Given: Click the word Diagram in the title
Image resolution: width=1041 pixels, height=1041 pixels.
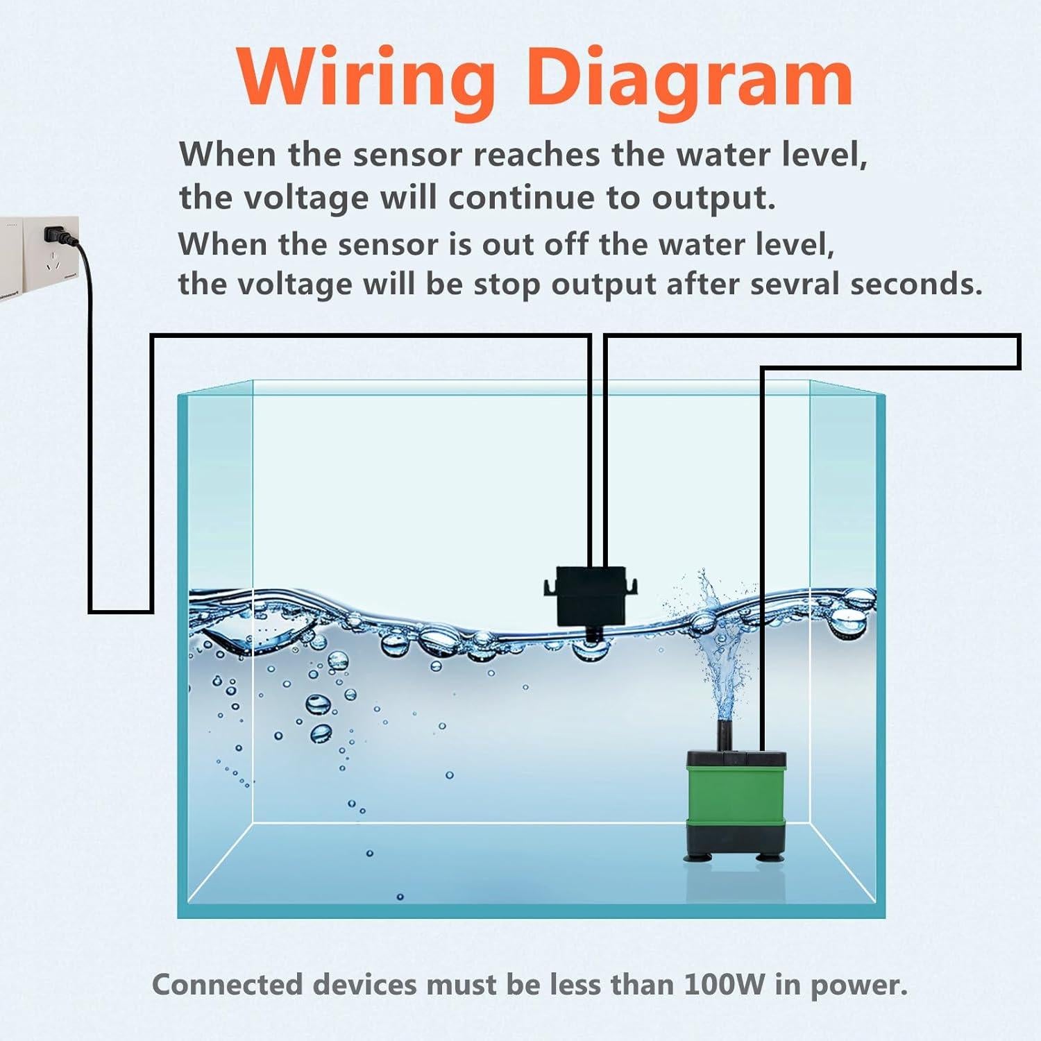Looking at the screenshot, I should point(689,78).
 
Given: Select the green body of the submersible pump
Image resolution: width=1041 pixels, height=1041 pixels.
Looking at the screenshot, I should point(736,788).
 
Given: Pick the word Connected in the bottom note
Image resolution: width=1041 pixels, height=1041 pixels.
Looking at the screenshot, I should point(228,984).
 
